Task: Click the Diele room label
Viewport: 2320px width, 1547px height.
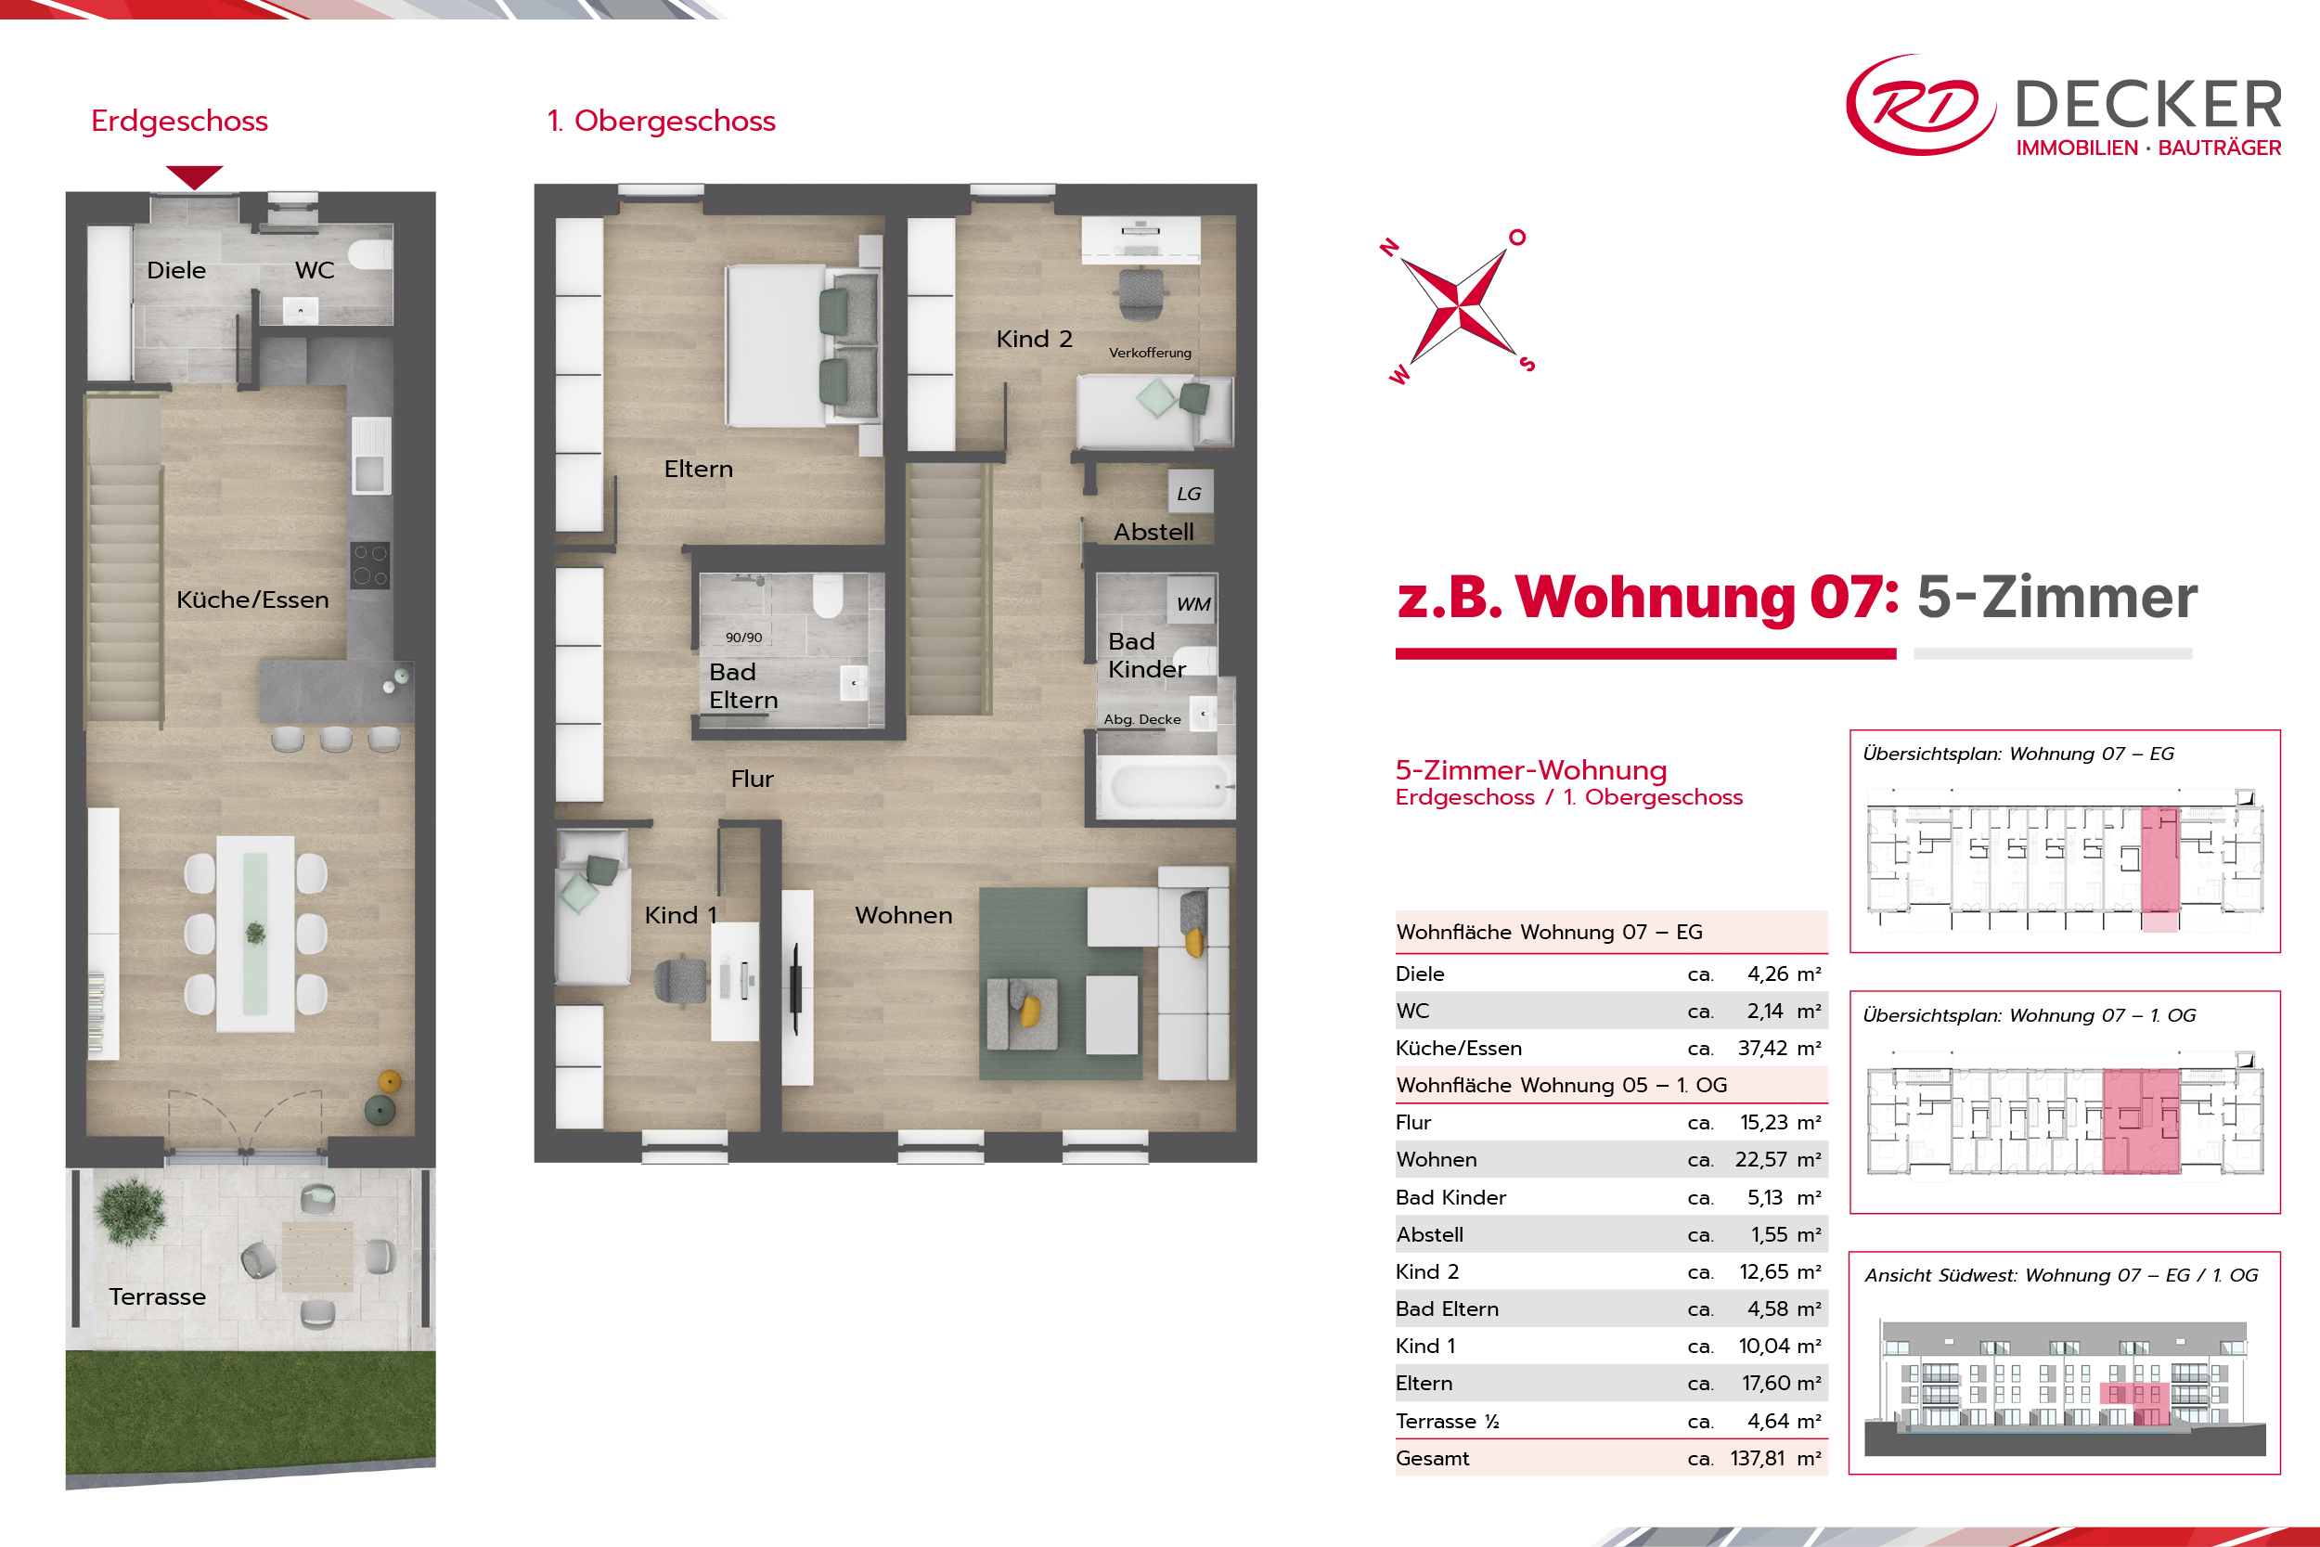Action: click(176, 270)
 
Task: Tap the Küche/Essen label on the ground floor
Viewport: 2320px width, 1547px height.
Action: click(252, 599)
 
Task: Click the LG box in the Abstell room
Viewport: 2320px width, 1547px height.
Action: click(1190, 494)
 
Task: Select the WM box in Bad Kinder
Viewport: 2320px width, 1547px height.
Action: click(1193, 604)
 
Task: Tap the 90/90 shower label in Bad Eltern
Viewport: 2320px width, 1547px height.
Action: click(743, 638)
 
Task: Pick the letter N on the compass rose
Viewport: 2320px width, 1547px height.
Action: click(1390, 247)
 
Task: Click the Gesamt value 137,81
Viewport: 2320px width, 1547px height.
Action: click(1758, 1458)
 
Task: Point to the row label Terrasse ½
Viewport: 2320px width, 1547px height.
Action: click(1447, 1422)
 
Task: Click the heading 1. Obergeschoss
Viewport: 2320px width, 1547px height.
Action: click(661, 122)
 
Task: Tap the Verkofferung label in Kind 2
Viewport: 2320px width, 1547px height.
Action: click(1150, 353)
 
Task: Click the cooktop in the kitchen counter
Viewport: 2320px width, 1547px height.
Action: click(371, 565)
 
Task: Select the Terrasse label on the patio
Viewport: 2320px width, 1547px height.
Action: click(158, 1296)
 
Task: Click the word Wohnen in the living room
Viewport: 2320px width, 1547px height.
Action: click(904, 916)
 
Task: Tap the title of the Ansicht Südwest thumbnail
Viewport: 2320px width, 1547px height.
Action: click(2060, 1276)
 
